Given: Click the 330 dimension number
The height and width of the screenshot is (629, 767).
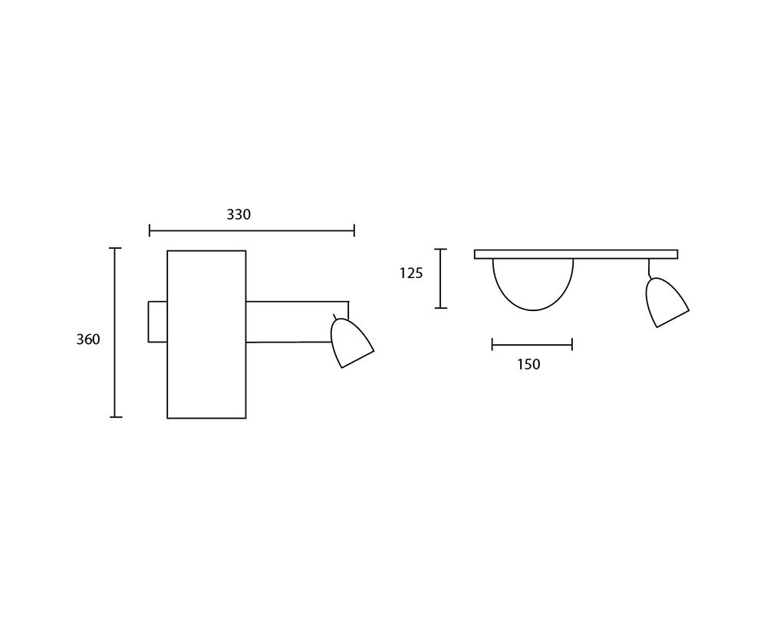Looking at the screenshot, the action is pos(239,214).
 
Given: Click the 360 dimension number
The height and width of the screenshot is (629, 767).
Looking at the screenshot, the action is pos(88,339).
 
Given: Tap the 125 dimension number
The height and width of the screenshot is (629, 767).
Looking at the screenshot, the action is pos(411,273).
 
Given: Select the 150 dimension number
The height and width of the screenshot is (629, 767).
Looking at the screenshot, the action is pos(528,365).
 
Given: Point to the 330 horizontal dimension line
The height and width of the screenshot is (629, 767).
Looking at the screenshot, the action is pos(252,230).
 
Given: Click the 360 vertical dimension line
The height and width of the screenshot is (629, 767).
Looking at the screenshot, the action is pos(116,333).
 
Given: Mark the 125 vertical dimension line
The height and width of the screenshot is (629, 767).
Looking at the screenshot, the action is pos(441,279).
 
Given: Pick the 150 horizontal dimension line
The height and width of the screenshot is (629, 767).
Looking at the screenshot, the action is pos(532,345).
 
